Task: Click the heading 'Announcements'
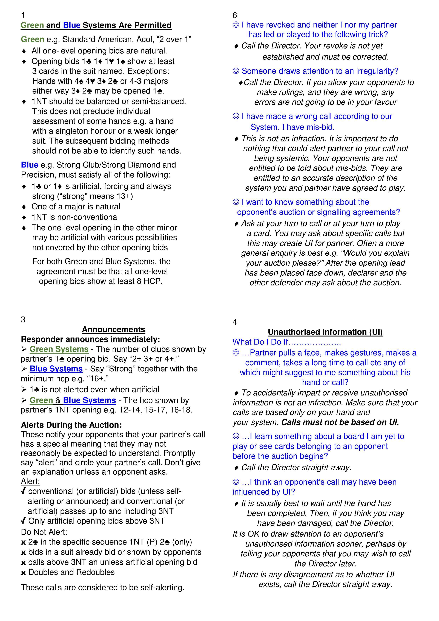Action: coord(114,329)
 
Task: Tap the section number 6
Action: coord(235,15)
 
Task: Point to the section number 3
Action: coord(23,319)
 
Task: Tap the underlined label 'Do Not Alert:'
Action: coord(44,532)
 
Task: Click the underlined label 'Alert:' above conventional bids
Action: coord(30,481)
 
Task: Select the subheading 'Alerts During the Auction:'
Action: coord(71,425)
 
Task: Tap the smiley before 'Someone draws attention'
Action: coord(236,71)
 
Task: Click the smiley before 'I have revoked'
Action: coord(236,25)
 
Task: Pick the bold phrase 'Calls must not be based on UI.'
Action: coord(340,422)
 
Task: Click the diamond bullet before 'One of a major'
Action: coord(24,207)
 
